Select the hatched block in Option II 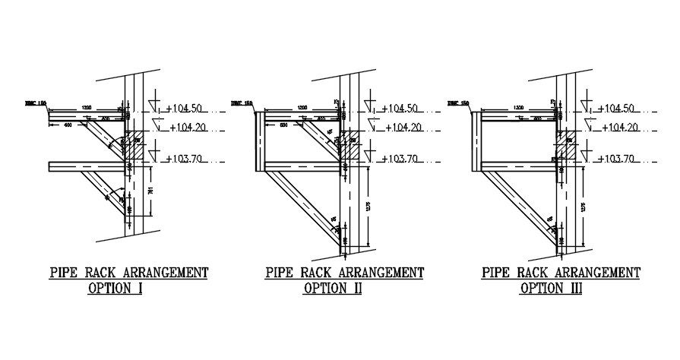point(351,146)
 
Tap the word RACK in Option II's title point(317,273)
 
